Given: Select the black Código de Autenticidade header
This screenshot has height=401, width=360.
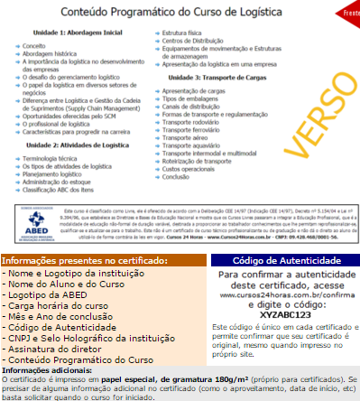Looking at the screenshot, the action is pyautogui.click(x=280, y=260).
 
